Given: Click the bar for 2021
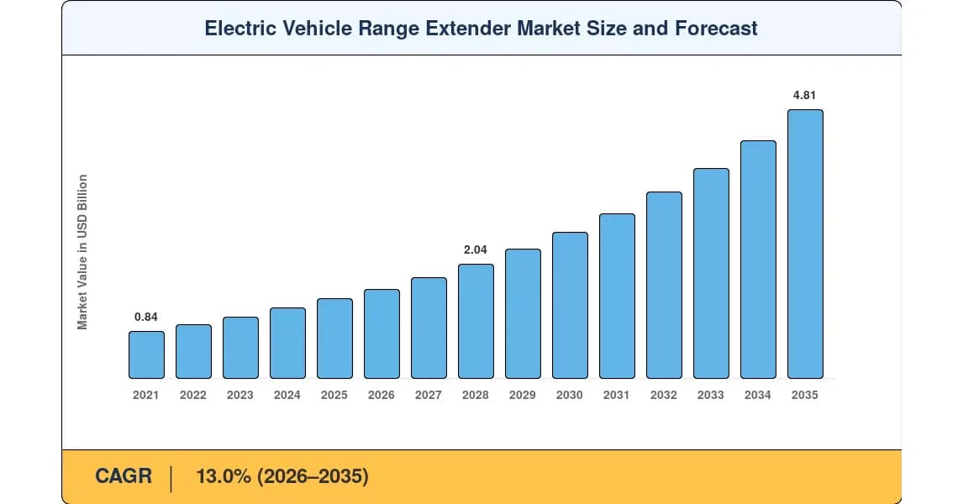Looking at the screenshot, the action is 146,354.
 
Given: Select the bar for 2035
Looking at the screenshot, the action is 805,244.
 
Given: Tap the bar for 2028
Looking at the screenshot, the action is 476,321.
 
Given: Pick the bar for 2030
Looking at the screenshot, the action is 570,305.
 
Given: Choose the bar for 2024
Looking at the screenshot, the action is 287,344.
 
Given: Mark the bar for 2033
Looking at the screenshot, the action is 711,273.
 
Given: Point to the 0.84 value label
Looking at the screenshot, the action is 146,317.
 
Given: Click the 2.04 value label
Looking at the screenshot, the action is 476,249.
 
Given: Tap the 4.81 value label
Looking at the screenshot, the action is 804,95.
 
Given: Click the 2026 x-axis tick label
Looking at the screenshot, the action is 382,396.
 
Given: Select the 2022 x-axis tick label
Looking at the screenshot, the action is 192,396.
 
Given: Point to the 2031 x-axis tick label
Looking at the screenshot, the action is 617,396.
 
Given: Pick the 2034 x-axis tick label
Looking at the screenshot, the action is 758,396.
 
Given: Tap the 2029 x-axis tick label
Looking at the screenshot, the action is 523,396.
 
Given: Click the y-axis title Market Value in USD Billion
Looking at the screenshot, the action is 82,252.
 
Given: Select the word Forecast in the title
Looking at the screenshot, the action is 716,29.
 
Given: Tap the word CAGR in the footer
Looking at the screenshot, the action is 124,476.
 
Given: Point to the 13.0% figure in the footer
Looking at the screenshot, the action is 224,476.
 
